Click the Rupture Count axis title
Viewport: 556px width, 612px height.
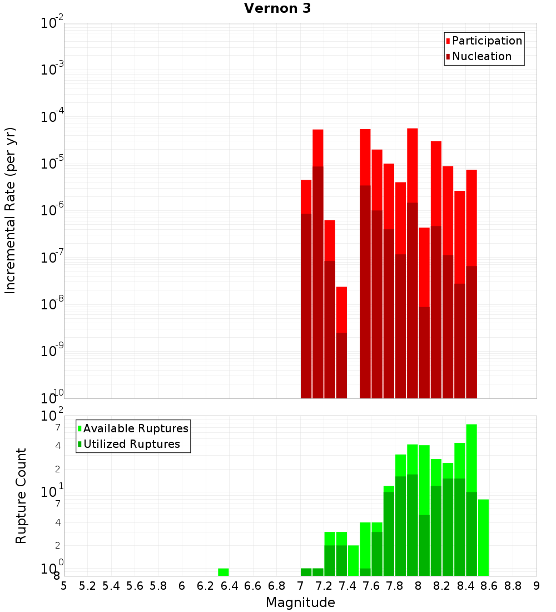[x=21, y=495]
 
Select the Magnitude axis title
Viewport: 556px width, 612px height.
[x=300, y=603]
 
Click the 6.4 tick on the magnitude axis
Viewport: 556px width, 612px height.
[x=229, y=586]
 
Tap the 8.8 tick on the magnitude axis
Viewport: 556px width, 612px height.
[x=513, y=586]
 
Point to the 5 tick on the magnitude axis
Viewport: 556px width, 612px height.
[x=64, y=586]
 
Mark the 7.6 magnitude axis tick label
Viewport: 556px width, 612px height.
[x=371, y=586]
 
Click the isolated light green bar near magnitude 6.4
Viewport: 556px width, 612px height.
[x=224, y=572]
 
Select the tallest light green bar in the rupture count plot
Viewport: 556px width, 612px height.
[x=471, y=456]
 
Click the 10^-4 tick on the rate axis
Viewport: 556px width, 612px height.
[x=52, y=117]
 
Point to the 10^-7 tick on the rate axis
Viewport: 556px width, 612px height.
[x=52, y=258]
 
